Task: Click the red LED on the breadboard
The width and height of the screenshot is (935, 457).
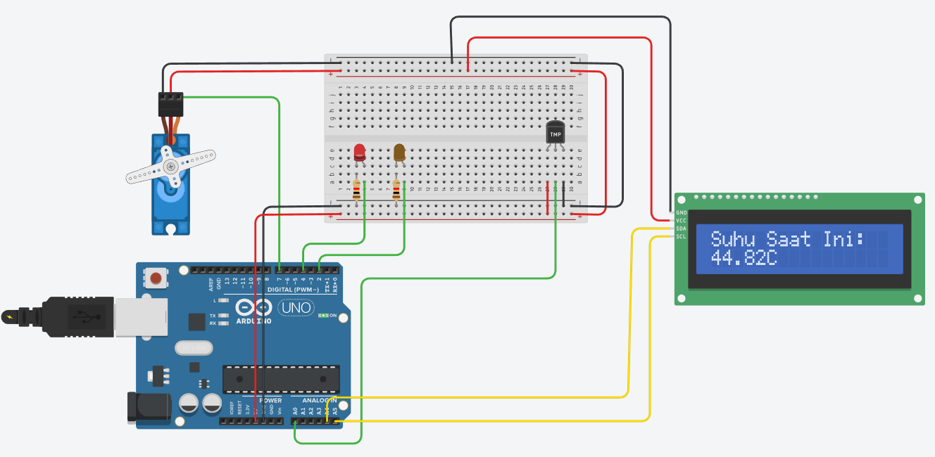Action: [359, 152]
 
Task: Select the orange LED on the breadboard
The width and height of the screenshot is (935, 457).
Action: [399, 153]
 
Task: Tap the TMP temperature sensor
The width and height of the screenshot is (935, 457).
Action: [556, 134]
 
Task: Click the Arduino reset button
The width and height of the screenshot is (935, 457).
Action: [155, 278]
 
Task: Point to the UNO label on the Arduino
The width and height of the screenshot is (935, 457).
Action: [296, 308]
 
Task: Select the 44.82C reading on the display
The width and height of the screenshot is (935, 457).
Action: [743, 258]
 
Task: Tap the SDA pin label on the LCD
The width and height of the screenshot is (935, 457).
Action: [681, 228]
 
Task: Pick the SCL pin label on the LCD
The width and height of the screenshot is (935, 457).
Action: [681, 236]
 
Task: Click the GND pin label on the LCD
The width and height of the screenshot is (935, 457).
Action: [681, 212]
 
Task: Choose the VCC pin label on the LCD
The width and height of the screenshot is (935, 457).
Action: [681, 221]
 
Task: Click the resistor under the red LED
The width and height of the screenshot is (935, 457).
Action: [356, 190]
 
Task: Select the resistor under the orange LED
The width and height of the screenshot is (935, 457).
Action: [396, 190]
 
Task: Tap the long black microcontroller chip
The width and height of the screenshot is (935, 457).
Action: [281, 379]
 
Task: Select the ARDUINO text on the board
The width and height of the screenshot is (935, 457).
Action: [253, 321]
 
